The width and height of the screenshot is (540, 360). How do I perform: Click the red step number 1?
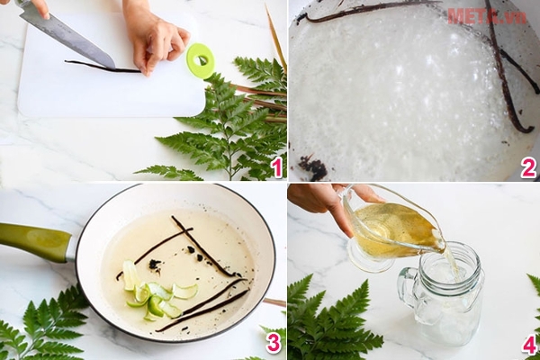tap(276, 166)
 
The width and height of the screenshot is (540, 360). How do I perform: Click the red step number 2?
tap(528, 166)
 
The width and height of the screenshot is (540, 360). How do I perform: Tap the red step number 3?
tap(274, 342)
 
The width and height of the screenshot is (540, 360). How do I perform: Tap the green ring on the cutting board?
tap(200, 60)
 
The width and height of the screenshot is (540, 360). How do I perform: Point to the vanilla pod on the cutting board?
tap(99, 67)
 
